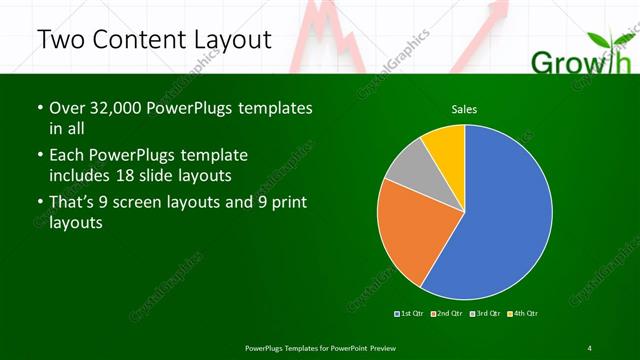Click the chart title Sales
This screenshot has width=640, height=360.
(x=464, y=108)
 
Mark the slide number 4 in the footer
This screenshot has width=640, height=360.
(x=589, y=348)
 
